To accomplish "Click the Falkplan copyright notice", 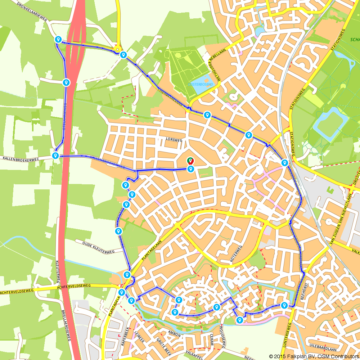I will click(x=313, y=356).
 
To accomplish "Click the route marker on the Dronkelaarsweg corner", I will click(x=58, y=39).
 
